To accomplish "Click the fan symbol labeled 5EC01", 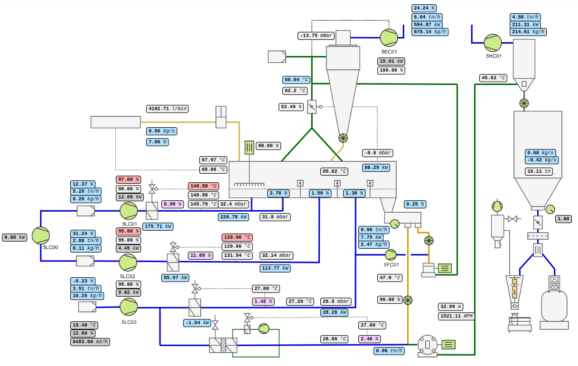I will click(x=389, y=38).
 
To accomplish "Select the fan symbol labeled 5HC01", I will click(x=493, y=43).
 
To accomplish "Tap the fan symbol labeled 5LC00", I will click(x=41, y=235).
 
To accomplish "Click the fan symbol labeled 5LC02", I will click(x=128, y=263).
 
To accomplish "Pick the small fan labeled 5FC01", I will click(x=391, y=255).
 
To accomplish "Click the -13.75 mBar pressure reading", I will click(x=316, y=36).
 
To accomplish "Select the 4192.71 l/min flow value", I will click(x=168, y=109).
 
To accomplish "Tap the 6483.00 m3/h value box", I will click(x=90, y=342).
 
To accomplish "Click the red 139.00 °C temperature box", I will click(x=237, y=237).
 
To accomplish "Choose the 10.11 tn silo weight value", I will click(x=539, y=171).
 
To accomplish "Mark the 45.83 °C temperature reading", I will click(x=494, y=78).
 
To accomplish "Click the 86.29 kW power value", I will click(x=376, y=168).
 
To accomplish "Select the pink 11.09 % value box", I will click(x=200, y=255).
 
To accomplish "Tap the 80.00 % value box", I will click(x=268, y=146).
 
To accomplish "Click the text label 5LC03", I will click(x=129, y=322).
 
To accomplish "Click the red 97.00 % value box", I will click(x=129, y=179).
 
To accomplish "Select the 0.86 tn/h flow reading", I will click(x=389, y=351).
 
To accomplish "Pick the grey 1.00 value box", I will click(x=563, y=219).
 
